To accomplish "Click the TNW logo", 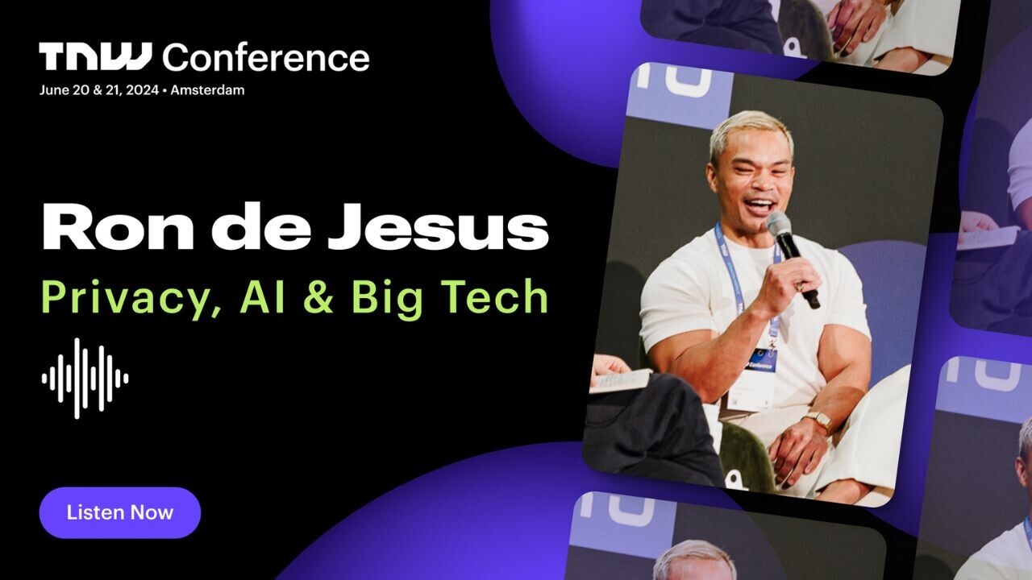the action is click(95, 56).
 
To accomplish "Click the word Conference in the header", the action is click(266, 57).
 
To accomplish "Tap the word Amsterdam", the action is click(207, 90).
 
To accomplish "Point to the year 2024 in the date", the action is click(143, 90).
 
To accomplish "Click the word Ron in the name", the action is click(118, 227).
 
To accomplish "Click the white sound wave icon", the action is click(85, 379).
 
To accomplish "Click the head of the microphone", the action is click(780, 224).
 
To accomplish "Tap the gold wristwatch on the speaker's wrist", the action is click(818, 420).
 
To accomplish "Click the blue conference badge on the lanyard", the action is click(762, 360).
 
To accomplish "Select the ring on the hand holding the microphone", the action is click(800, 286).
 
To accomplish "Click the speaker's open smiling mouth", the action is click(759, 205).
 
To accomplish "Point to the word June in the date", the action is click(54, 90).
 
